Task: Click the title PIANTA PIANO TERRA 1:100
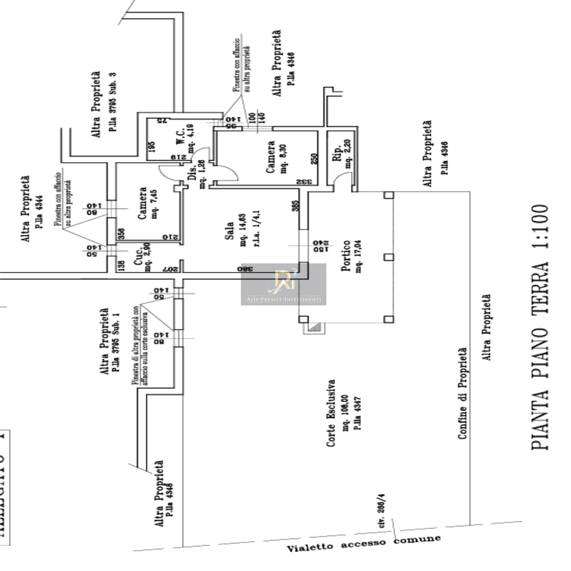(540, 327)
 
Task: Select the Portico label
(345, 256)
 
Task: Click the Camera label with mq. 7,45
(142, 203)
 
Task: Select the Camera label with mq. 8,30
(271, 157)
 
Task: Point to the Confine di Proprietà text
(462, 393)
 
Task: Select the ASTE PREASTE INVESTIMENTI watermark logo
(283, 284)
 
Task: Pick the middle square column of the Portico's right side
(389, 257)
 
